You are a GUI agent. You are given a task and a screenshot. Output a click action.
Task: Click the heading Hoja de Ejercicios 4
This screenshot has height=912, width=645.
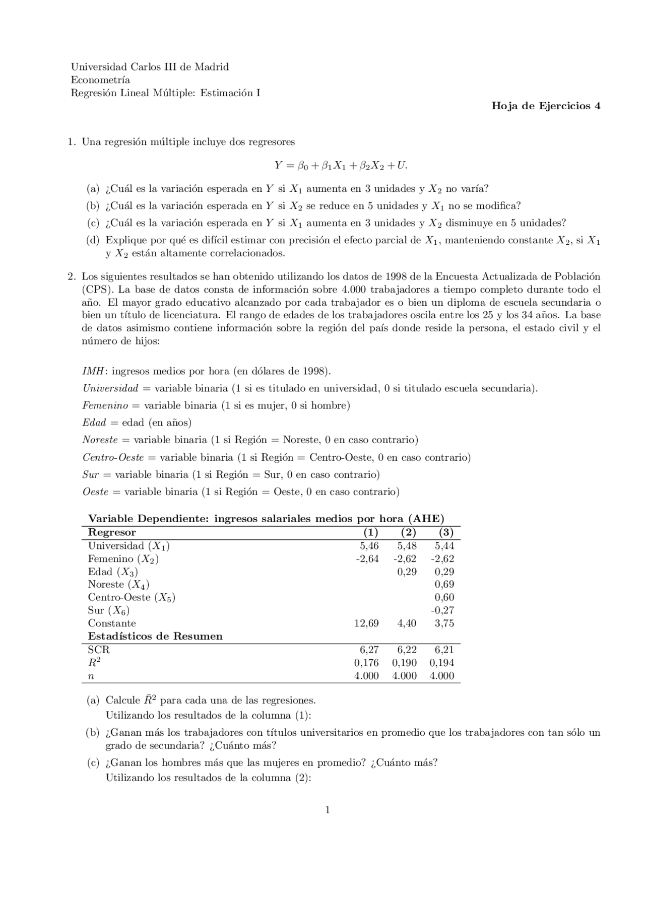(545, 106)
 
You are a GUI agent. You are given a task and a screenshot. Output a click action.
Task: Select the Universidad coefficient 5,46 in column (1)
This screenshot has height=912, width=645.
(369, 546)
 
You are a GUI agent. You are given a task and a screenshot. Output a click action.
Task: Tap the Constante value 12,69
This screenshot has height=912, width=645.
(366, 623)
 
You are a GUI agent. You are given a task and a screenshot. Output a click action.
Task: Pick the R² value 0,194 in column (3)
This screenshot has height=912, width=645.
(441, 663)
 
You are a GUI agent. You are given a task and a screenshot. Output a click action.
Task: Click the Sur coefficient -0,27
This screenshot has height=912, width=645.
(442, 610)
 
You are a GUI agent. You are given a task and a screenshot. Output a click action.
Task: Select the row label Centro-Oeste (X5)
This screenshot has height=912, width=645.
(132, 598)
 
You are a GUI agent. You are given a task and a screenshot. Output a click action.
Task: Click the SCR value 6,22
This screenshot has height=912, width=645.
(407, 650)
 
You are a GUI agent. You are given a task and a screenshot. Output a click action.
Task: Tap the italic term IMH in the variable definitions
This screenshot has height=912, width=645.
(94, 371)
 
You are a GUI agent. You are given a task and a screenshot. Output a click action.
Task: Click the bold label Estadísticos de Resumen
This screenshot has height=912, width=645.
(155, 636)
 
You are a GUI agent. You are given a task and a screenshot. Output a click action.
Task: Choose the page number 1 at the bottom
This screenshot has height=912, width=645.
(328, 810)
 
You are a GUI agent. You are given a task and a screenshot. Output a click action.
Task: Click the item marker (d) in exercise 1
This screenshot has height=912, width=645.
(93, 240)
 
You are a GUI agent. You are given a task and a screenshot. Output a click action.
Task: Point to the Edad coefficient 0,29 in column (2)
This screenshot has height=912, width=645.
(407, 572)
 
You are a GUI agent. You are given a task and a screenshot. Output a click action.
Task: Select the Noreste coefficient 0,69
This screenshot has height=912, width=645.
(444, 585)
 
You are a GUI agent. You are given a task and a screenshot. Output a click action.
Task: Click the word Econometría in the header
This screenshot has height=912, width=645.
(100, 80)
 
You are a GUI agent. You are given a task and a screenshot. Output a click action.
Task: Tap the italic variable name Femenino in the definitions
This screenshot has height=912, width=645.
(105, 405)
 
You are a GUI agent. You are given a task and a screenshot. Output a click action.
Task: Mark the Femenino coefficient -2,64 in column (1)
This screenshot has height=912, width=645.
(367, 558)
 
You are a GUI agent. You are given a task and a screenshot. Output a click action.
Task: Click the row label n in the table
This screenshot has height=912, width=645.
(91, 676)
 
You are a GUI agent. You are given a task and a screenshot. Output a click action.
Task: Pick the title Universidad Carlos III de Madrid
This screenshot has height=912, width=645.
(150, 66)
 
